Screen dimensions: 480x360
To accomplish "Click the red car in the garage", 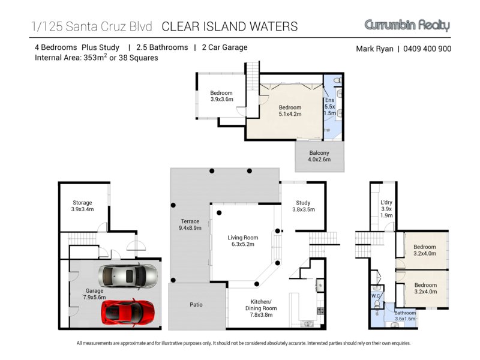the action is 128,311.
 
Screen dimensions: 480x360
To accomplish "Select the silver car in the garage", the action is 128,276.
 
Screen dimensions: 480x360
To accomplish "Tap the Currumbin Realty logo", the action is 407,25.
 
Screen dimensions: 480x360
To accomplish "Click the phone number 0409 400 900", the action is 427,49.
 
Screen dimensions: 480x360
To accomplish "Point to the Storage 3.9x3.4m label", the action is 82,206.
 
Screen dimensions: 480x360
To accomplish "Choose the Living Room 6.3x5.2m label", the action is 243,241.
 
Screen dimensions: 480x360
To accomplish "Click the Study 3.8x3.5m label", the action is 304,206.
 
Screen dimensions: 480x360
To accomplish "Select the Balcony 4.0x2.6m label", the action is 319,156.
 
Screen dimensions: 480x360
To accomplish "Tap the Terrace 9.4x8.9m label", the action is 190,224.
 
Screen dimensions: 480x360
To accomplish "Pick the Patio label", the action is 196,305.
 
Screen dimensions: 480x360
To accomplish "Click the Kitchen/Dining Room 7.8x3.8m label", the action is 261,308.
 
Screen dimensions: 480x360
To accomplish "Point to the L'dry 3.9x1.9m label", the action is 386,209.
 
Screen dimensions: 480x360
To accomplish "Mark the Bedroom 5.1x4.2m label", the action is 290,110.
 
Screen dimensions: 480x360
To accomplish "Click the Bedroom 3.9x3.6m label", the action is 221,96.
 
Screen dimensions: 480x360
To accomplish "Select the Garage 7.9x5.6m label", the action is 94,294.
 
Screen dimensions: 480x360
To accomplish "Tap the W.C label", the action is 376,296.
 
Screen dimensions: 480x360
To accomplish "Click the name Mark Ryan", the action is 374,49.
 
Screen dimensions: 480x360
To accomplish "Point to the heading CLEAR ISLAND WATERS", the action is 230,26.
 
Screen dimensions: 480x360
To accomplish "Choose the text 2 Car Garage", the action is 224,47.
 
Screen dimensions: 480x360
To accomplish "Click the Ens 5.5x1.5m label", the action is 330,107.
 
